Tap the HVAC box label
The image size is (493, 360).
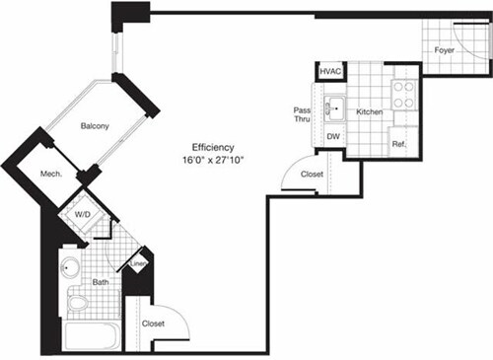pyautogui.click(x=328, y=73)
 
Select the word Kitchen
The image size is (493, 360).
pyautogui.click(x=369, y=113)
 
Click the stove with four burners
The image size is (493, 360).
pyautogui.click(x=404, y=95)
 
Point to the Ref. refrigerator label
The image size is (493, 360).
pyautogui.click(x=399, y=144)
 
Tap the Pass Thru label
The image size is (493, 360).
pyautogui.click(x=303, y=115)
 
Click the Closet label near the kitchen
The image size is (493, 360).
pyautogui.click(x=312, y=174)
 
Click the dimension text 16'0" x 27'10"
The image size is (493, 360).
pyautogui.click(x=214, y=159)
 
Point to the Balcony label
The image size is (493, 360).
pyautogui.click(x=95, y=125)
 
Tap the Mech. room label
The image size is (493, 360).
pyautogui.click(x=52, y=174)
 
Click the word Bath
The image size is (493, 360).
pyautogui.click(x=101, y=283)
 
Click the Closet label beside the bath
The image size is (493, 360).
pyautogui.click(x=153, y=323)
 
